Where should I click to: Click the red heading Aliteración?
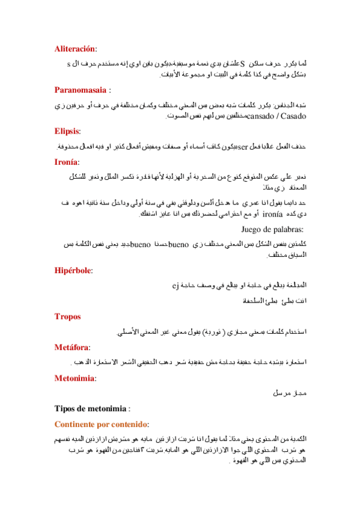(x=75, y=48)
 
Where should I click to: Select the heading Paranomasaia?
(x=81, y=90)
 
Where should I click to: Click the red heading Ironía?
(x=66, y=162)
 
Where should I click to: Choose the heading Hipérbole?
(x=73, y=271)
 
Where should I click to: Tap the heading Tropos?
(x=67, y=316)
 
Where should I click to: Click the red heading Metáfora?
(x=72, y=347)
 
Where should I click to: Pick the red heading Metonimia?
(x=75, y=378)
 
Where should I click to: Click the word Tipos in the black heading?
(x=66, y=409)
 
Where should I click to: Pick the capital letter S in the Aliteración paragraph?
(x=242, y=62)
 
